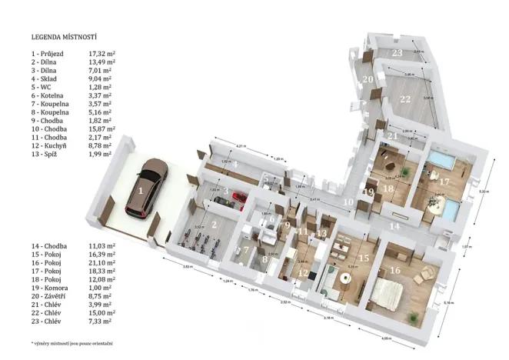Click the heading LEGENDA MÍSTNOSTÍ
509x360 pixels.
pos(63,36)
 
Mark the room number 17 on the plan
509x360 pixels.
pos(444,183)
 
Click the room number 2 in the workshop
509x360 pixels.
pos(215,225)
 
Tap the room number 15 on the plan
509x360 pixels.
pos(364,258)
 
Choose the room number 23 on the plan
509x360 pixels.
pos(397,53)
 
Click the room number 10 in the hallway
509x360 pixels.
pos(349,202)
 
